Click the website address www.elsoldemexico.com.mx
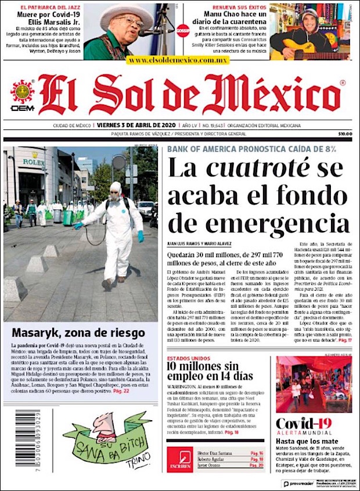[x=178, y=60]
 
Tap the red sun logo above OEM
[x=23, y=91]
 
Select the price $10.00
[x=345, y=133]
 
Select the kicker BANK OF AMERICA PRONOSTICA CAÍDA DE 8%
[x=251, y=149]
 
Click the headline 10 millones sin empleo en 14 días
[x=210, y=371]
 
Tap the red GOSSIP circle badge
[x=183, y=30]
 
